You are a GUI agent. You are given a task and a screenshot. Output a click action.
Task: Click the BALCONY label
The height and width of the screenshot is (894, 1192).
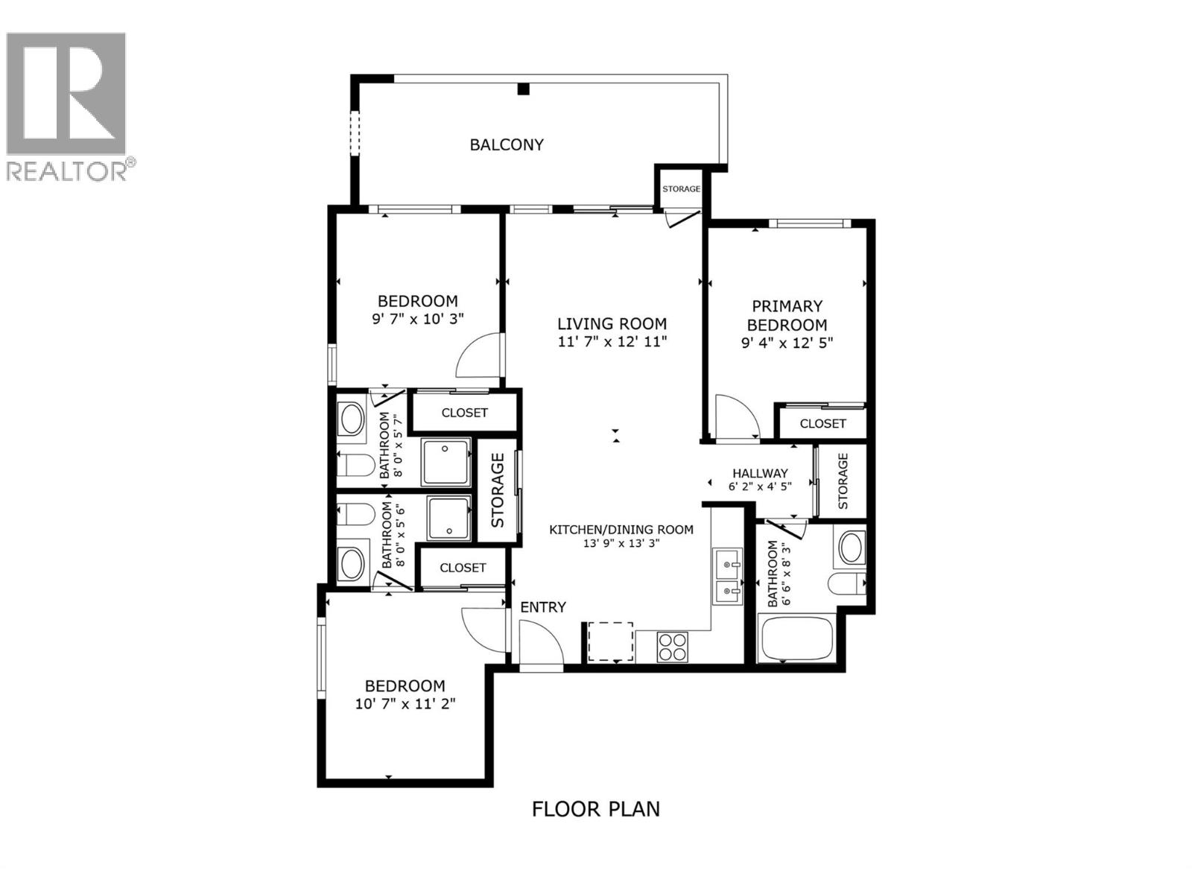pos(507,145)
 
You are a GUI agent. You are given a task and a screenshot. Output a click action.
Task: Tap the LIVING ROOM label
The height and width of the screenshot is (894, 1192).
pos(612,323)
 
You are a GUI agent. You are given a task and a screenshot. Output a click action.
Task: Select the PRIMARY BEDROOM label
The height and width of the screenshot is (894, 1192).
pos(787,315)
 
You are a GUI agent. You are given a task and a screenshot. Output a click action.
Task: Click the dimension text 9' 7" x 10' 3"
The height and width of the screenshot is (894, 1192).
pos(418,319)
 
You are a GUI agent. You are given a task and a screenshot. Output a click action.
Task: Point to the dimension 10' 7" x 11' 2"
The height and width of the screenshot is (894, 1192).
pos(405,703)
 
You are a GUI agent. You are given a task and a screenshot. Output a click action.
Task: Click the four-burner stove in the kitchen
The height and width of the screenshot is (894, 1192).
pos(673,646)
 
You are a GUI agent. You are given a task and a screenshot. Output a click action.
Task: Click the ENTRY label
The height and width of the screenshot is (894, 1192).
pos(543,607)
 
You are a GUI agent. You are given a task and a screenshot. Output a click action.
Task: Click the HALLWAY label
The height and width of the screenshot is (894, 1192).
pos(760,473)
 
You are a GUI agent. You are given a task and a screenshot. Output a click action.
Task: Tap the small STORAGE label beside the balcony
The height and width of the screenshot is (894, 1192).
pos(681,188)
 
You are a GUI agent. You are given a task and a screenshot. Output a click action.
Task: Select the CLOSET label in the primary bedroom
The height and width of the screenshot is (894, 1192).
pos(822,424)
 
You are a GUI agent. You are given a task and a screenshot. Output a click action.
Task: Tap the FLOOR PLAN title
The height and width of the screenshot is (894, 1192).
pos(595,808)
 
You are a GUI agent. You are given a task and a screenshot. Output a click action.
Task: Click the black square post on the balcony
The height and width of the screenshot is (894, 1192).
pos(524,89)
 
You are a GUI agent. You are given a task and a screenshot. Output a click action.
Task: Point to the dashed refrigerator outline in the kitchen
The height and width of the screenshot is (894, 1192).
pos(611,641)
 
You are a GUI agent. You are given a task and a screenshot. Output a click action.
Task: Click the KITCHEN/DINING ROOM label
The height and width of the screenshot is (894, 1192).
pos(621,530)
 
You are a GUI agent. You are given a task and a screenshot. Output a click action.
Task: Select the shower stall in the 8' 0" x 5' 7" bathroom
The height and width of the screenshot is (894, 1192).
pos(446,462)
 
